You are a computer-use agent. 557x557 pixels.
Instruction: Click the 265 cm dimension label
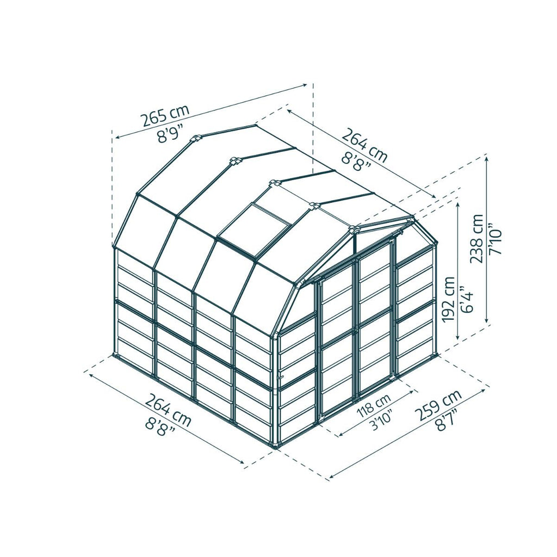165,115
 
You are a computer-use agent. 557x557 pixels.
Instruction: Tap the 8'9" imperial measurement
171,134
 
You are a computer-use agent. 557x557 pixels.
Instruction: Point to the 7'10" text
494,239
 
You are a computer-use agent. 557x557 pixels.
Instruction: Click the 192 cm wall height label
449,299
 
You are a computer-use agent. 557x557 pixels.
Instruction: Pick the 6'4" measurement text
467,299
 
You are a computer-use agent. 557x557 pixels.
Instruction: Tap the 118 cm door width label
374,405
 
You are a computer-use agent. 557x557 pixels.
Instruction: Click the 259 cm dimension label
439,405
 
